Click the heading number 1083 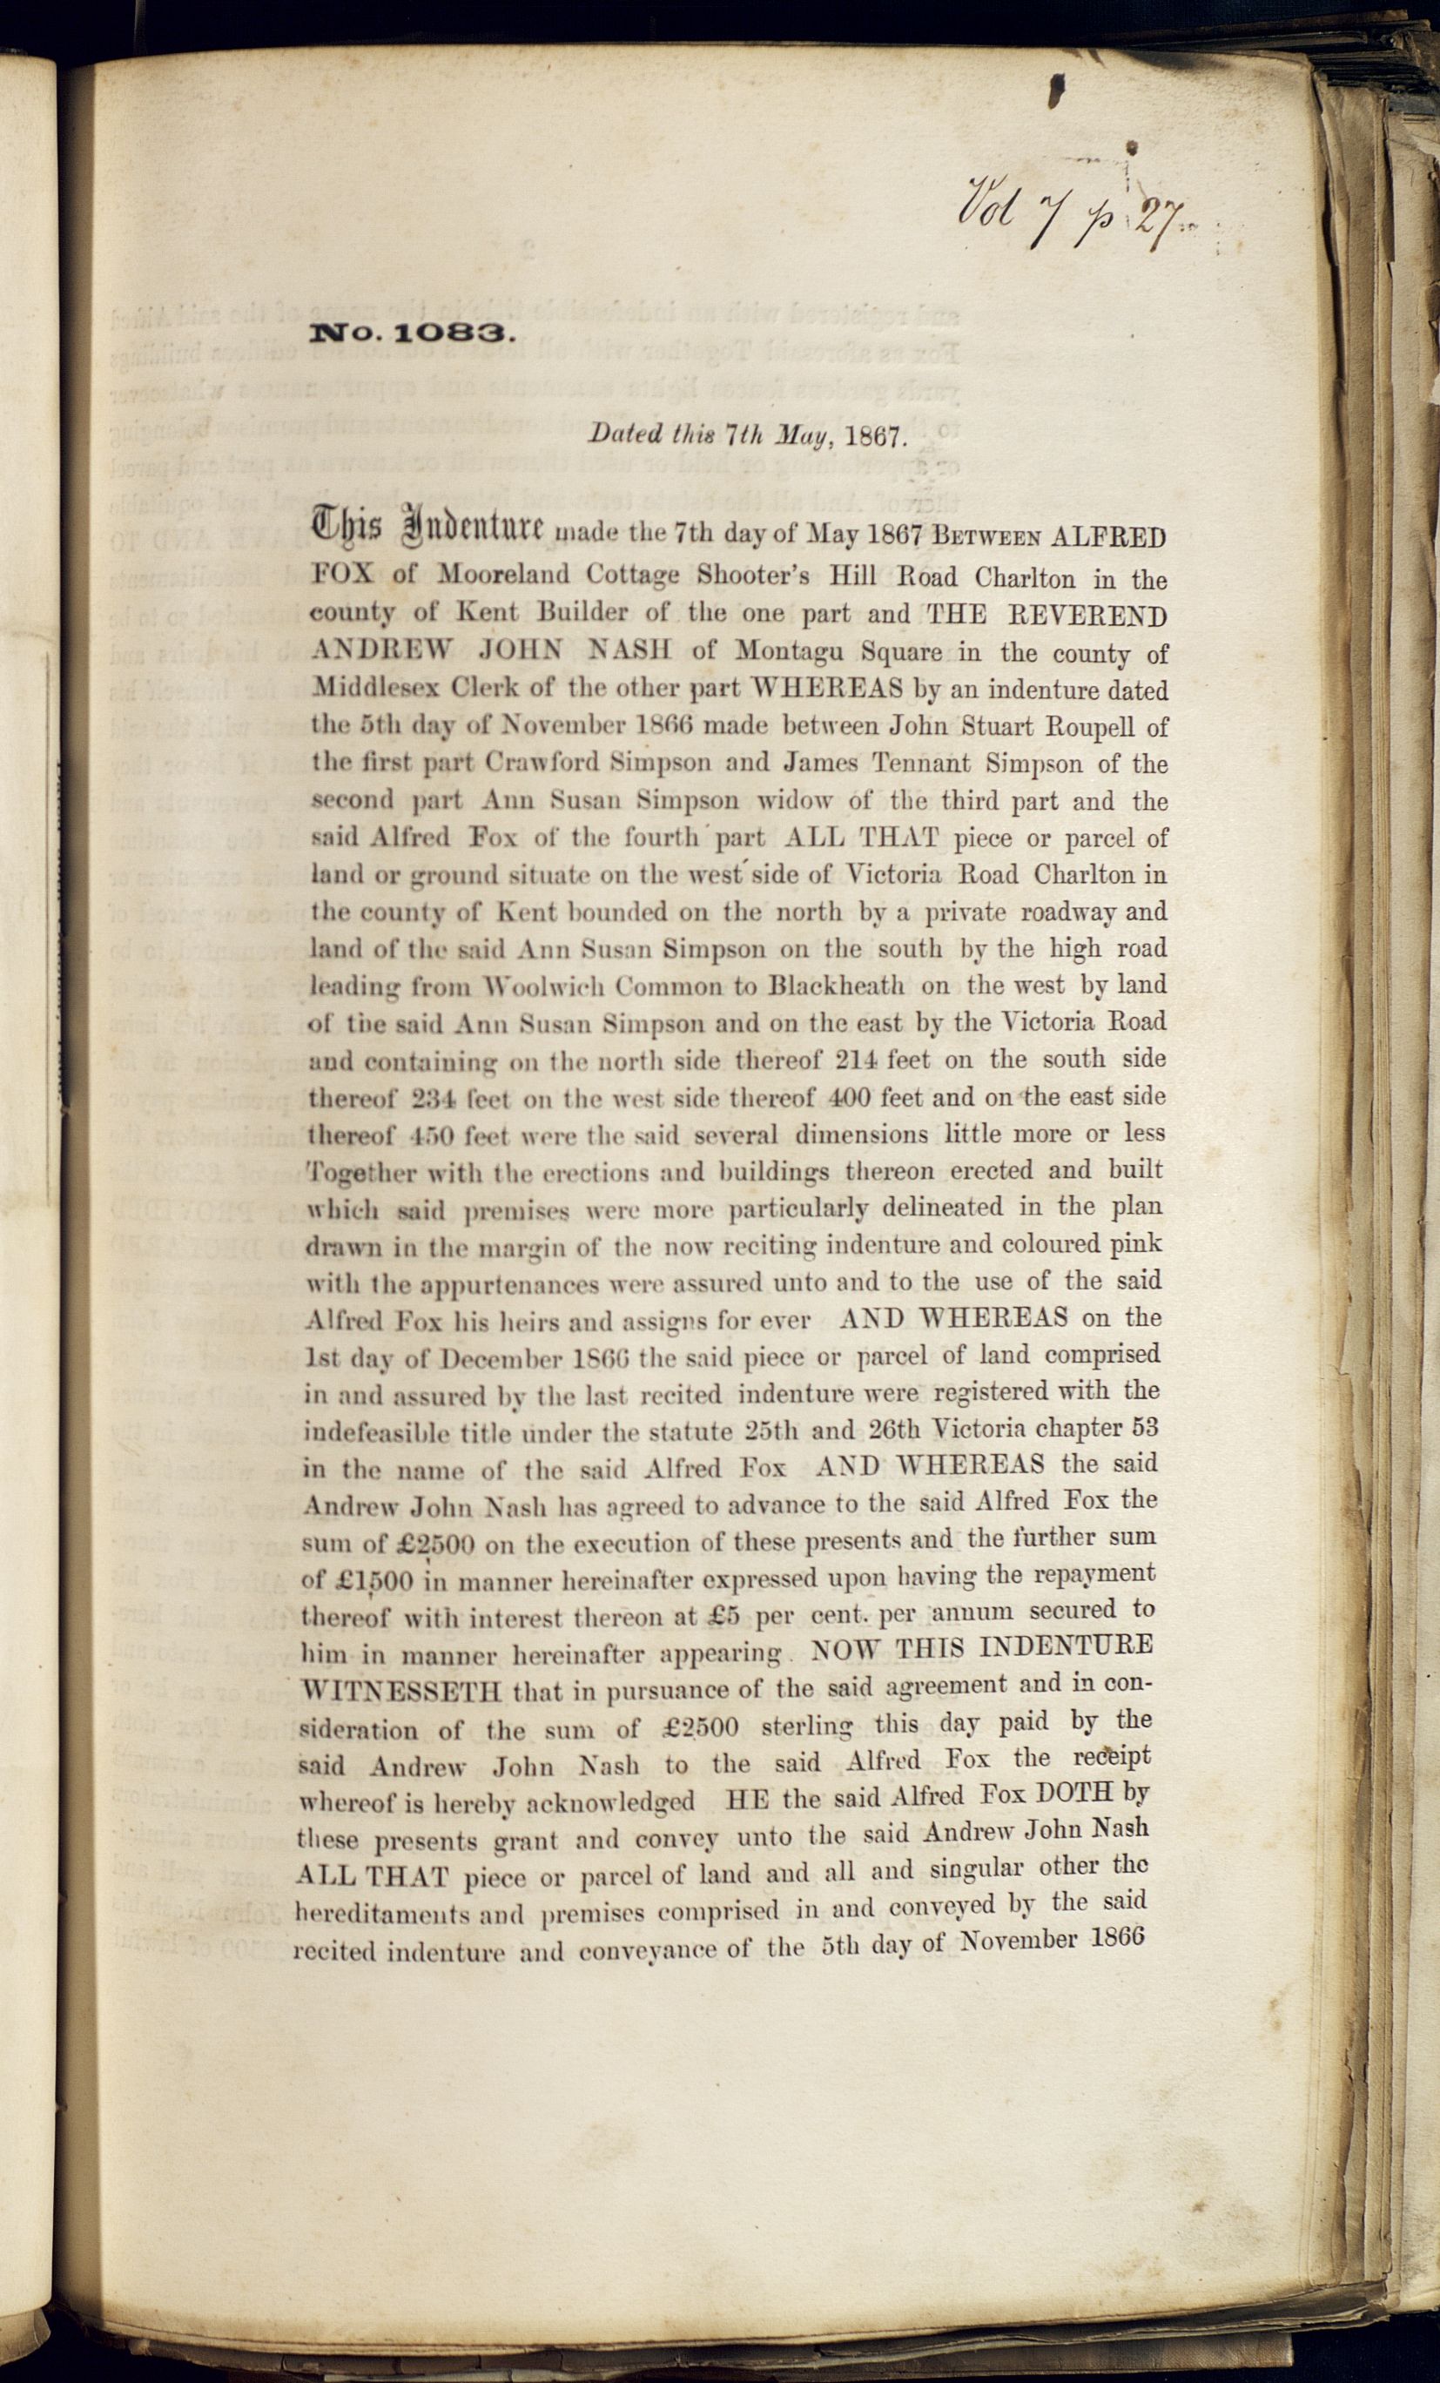pyautogui.click(x=452, y=335)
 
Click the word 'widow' pyautogui.click(x=793, y=801)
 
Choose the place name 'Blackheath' pyautogui.click(x=837, y=986)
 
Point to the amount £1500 pyautogui.click(x=372, y=1581)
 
